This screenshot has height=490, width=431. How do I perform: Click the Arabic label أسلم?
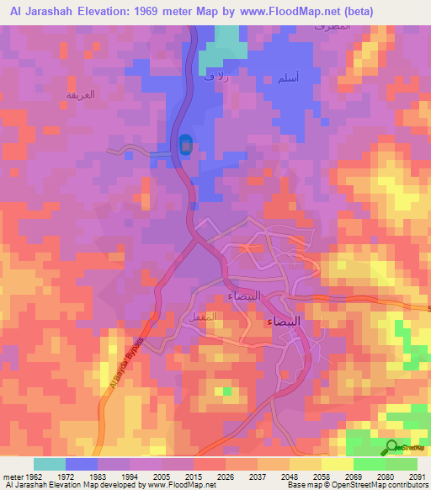pyautogui.click(x=287, y=78)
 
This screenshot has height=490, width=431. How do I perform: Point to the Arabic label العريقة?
pyautogui.click(x=81, y=94)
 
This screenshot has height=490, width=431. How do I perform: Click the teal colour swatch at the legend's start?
pyautogui.click(x=49, y=464)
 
